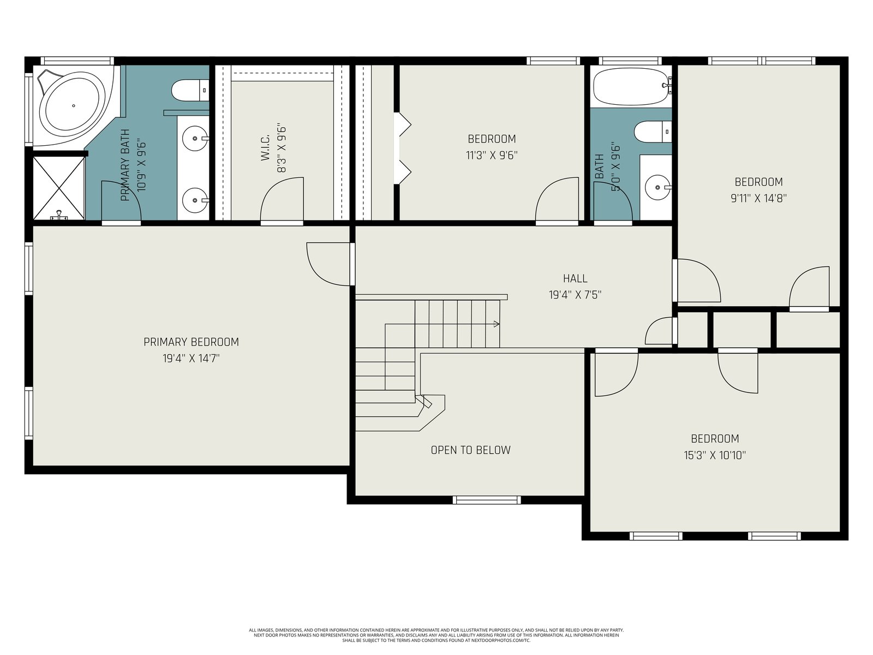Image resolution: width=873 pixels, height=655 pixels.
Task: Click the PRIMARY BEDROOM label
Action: (191, 342)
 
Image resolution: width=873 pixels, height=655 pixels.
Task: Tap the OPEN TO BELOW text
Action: (470, 450)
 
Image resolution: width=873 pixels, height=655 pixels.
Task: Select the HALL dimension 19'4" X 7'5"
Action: (575, 295)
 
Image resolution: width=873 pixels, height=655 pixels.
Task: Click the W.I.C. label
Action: (265, 147)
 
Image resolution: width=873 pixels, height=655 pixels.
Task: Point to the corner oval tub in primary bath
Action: (74, 106)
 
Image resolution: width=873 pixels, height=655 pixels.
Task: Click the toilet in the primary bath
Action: (190, 90)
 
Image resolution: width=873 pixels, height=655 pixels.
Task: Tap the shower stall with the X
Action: (59, 188)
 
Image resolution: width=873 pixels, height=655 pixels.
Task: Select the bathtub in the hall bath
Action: (630, 86)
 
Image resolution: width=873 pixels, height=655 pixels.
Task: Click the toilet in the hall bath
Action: (653, 132)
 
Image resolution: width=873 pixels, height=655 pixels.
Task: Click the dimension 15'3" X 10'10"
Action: (715, 455)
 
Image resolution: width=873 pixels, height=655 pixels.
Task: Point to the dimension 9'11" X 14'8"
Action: (758, 198)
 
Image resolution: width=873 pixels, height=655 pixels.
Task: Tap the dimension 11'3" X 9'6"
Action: (492, 155)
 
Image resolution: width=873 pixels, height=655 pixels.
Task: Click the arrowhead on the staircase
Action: (497, 324)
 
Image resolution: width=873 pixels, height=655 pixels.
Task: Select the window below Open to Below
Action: (486, 500)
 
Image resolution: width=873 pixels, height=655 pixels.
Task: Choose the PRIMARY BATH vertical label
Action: (125, 165)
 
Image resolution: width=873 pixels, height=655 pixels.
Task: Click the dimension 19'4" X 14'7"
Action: (191, 359)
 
